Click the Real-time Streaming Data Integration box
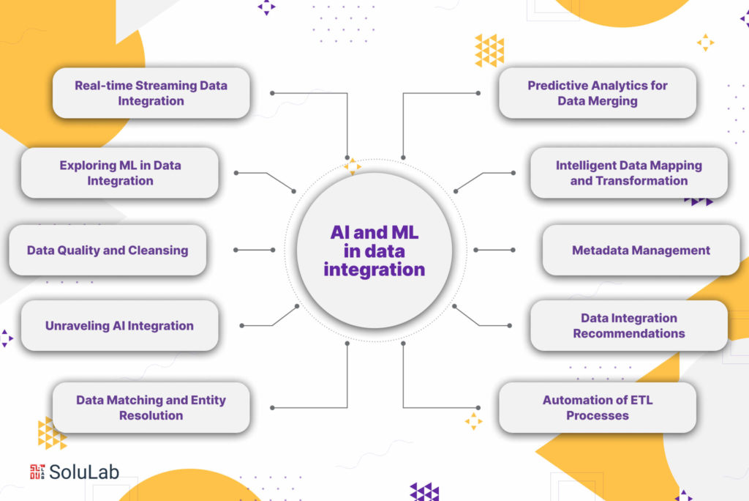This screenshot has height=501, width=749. (151, 93)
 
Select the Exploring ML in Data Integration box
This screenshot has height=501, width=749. (120, 173)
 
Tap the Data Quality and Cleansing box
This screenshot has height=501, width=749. (108, 250)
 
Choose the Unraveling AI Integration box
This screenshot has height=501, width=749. (119, 325)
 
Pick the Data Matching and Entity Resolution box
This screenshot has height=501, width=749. (151, 407)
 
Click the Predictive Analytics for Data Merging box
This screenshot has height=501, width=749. (598, 93)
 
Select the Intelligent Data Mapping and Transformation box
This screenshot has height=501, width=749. (629, 173)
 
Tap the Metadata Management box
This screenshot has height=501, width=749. (641, 250)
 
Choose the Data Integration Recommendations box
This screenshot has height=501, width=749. (629, 325)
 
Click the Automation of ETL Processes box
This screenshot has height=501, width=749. (598, 407)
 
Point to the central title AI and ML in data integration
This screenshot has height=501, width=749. (374, 250)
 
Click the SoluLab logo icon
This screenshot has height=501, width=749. (37, 472)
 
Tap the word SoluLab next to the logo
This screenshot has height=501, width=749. (84, 472)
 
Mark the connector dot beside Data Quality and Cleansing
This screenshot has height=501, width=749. (236, 250)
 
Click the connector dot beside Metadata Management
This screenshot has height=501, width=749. (513, 250)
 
